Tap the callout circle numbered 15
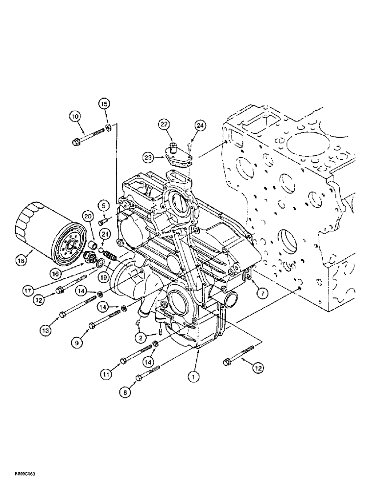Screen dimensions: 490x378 (x=105, y=103)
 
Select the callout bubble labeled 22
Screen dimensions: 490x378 (x=163, y=126)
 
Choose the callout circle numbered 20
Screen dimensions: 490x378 (x=88, y=216)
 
